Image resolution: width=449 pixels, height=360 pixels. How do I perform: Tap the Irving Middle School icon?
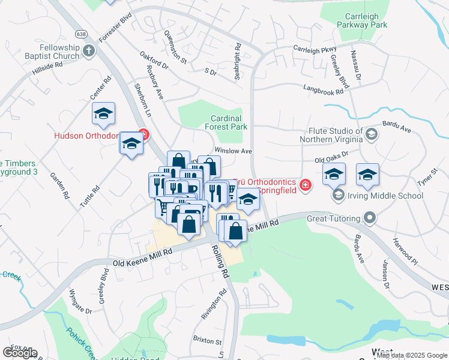(338, 196)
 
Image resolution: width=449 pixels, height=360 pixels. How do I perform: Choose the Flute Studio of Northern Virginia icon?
(371, 134)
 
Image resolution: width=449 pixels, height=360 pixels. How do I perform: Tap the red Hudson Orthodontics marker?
(143, 134)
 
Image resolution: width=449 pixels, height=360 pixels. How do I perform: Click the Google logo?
(20, 353)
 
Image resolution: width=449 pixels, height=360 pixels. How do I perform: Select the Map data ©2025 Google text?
(412, 355)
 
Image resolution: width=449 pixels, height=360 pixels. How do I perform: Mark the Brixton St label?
(207, 340)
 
